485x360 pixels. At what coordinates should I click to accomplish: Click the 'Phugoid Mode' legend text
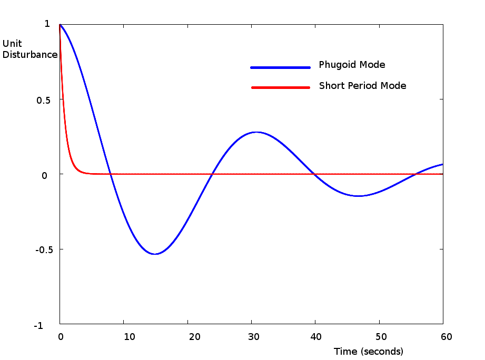352,65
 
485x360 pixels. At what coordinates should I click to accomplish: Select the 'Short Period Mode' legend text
362,86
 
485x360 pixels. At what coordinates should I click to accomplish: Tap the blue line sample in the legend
281,67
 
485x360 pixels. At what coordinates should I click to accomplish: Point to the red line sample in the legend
281,87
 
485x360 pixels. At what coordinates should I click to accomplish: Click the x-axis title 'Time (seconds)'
368,351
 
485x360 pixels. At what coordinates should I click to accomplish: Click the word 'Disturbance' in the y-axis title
30,55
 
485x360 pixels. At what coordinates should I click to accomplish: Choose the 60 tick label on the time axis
446,336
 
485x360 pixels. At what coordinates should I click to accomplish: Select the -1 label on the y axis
38,326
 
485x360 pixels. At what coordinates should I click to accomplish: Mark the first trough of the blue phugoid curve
154,254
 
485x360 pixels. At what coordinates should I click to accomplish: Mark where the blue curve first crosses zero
110,174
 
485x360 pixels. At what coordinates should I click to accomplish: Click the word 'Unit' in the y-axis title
12,44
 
